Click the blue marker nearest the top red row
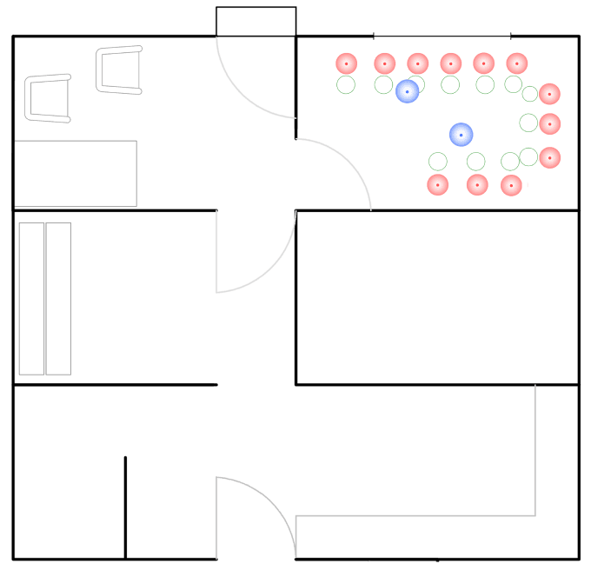(x=407, y=91)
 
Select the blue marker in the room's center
(x=461, y=135)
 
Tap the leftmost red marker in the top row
(x=346, y=63)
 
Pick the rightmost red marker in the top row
(x=516, y=63)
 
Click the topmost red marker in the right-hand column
(x=549, y=94)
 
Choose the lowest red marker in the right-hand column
(x=549, y=157)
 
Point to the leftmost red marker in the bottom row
(x=438, y=184)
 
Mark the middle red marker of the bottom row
(x=476, y=184)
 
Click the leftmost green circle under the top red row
(x=346, y=85)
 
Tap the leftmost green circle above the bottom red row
(x=437, y=162)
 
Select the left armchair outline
(x=48, y=98)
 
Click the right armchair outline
(x=119, y=70)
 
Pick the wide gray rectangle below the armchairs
(x=76, y=174)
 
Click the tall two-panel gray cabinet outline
(x=44, y=298)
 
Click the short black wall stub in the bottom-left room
(x=125, y=506)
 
